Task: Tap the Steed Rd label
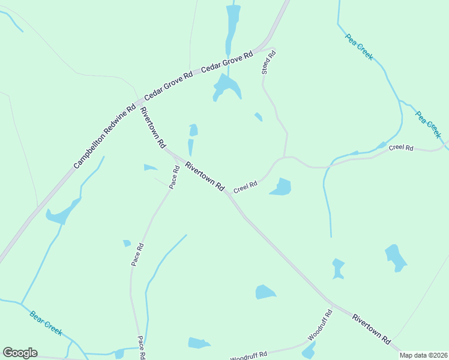(268, 62)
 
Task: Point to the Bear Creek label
(46, 323)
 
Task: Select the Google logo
(20, 353)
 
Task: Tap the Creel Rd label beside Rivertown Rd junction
(246, 187)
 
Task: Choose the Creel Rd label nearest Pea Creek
(401, 148)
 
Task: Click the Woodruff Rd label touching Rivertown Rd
(320, 325)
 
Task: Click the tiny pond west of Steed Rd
(258, 116)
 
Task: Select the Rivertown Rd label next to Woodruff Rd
(372, 328)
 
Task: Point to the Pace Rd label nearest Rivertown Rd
(174, 178)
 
